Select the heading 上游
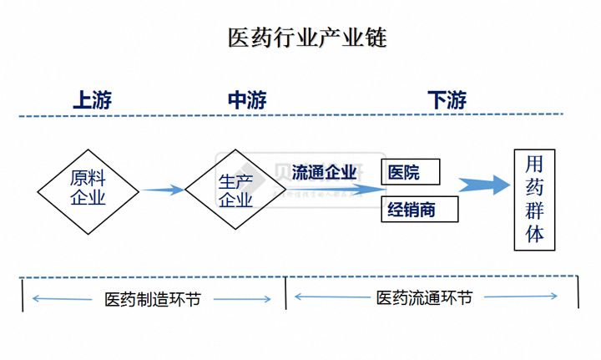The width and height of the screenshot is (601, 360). coord(93,100)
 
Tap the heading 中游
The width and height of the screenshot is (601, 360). coord(247,100)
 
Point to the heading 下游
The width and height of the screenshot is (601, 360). coord(447,100)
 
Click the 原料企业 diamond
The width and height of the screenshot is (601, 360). coord(88,190)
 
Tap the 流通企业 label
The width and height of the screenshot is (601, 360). coord(325,172)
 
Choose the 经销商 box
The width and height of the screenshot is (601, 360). coord(420,209)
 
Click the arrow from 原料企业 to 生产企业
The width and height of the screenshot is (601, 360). coord(162,190)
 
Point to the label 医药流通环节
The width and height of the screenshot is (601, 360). coord(424,297)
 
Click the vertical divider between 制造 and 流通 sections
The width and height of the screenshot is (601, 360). coord(286,293)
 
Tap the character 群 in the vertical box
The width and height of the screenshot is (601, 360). coord(534,210)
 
